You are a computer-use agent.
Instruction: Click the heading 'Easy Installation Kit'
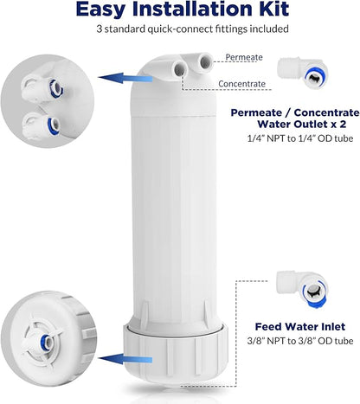point(179,10)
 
